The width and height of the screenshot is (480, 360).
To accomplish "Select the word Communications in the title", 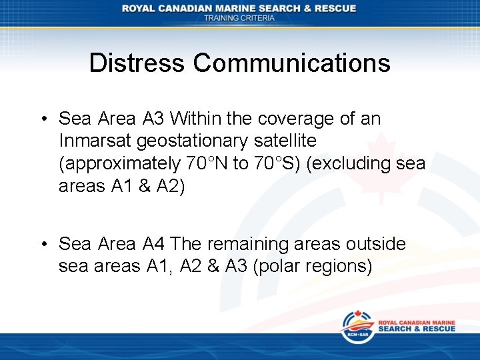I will point(292,63).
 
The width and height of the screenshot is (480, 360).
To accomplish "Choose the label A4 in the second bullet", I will point(156,245).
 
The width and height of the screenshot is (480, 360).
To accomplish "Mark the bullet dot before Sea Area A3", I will point(43,119).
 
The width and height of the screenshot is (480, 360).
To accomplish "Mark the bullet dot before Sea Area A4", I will point(43,245).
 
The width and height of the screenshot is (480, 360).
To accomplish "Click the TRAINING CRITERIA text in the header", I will point(239,18).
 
